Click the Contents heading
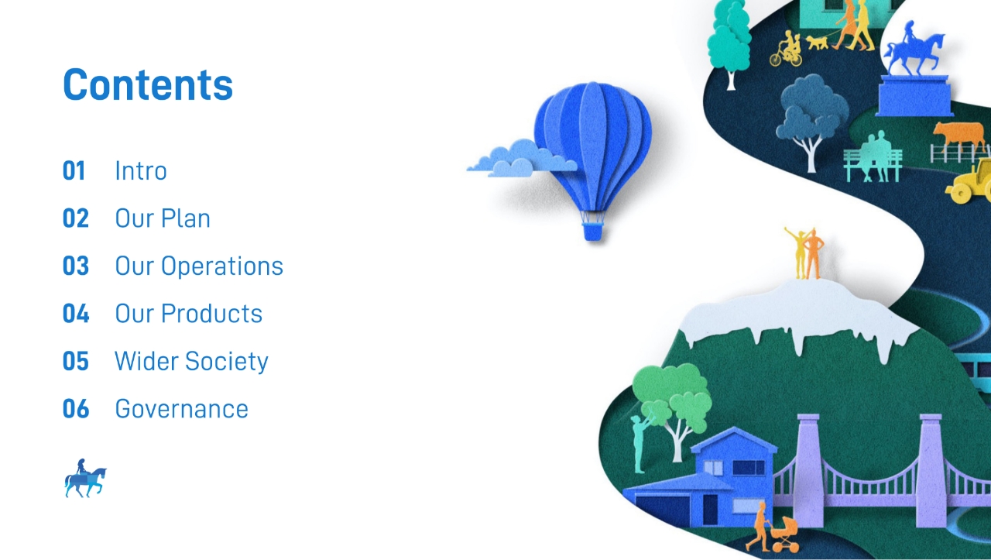148,84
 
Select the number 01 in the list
74,171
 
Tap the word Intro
141,171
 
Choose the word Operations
221,266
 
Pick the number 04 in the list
76,314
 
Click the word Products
211,314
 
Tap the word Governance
181,409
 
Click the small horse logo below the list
85,478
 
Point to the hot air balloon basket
592,231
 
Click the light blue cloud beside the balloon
522,159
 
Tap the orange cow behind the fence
959,135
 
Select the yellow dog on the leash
817,43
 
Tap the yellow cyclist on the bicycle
787,48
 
